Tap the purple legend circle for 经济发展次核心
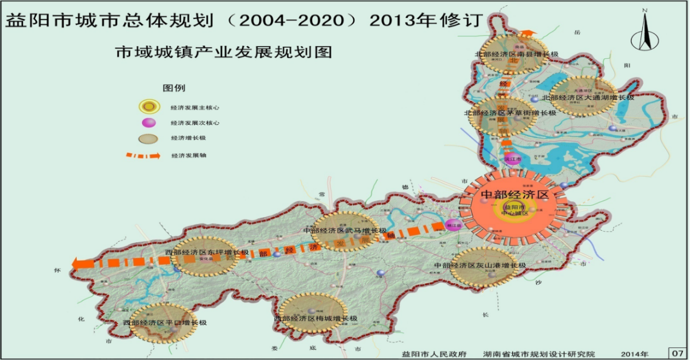(148, 123)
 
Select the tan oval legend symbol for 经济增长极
(148, 139)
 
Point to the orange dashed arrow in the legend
(142, 155)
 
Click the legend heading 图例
(174, 88)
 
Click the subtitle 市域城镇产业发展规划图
(223, 52)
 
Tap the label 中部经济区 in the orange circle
(514, 195)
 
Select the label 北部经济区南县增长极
(516, 54)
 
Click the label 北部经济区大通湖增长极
(592, 97)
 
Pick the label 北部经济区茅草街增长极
(510, 112)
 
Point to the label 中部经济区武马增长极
(345, 230)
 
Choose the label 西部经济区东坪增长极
(207, 252)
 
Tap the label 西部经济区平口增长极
(165, 323)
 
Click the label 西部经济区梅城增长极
(316, 319)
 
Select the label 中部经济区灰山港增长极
(480, 265)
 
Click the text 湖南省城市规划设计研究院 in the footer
(539, 354)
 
